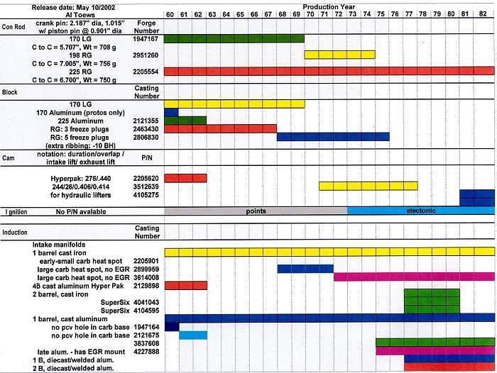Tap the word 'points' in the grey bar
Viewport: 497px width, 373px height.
point(256,211)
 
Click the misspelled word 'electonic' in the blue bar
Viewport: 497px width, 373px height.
point(421,211)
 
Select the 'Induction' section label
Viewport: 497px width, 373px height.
point(15,232)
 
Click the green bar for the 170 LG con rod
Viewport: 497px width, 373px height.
point(234,38)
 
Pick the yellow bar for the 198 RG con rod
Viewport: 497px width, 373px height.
point(339,55)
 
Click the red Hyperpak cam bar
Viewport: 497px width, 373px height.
point(185,177)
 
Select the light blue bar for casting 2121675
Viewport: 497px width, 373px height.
point(192,335)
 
